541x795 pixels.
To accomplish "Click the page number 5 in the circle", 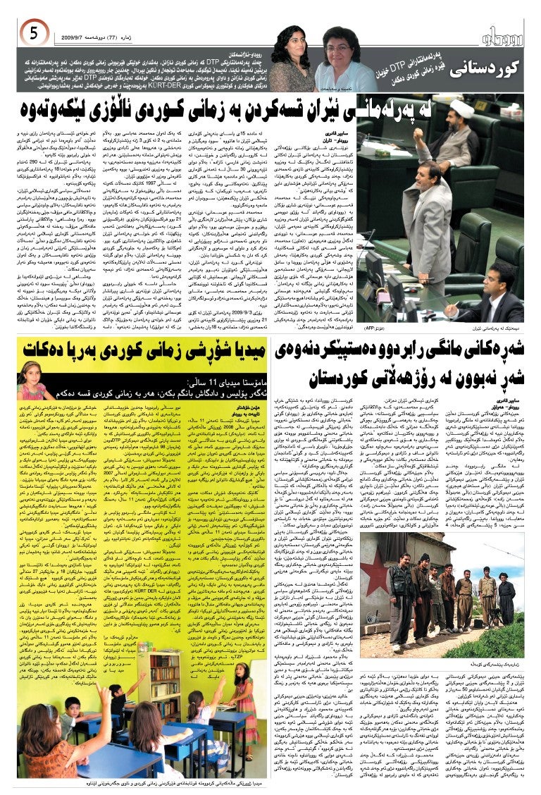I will coord(33,32).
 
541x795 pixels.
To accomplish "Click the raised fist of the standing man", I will coord(420,133).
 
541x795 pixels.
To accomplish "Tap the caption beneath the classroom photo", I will coord(141,784).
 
